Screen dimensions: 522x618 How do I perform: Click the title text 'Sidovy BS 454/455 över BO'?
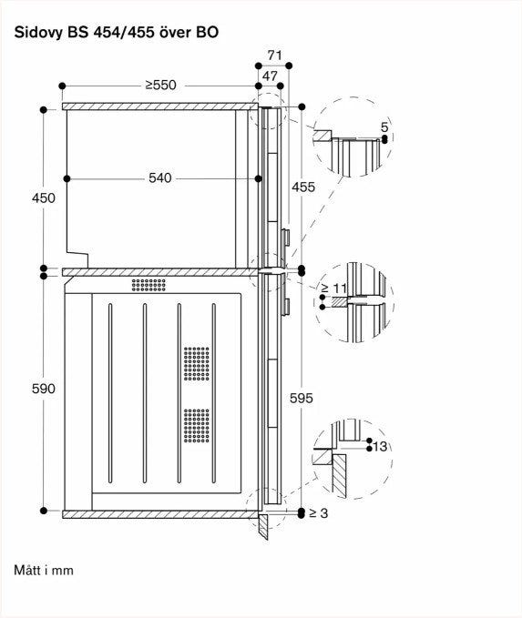coord(117,32)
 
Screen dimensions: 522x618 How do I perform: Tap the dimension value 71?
coord(274,56)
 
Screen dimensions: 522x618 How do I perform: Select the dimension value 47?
coord(270,76)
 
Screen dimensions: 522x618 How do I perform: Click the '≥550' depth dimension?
coord(160,86)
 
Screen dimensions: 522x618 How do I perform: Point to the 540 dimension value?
coord(160,178)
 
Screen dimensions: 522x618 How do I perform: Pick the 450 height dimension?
coord(44,198)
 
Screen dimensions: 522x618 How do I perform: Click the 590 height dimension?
coord(44,389)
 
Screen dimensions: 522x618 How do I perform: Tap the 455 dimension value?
coord(303,187)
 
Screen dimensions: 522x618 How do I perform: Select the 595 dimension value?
coord(301,399)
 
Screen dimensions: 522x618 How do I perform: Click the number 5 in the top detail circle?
coord(384,127)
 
